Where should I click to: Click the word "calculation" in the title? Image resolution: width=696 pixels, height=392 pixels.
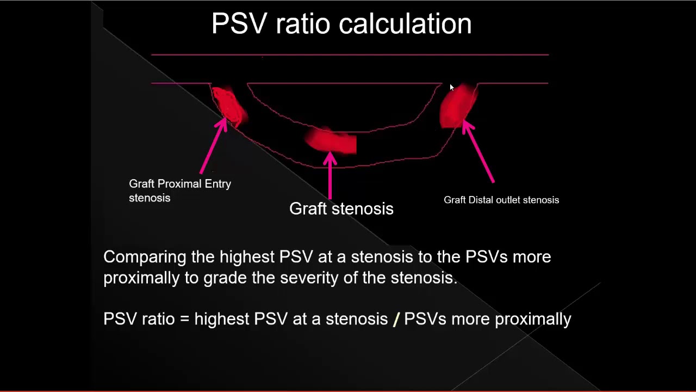click(x=405, y=24)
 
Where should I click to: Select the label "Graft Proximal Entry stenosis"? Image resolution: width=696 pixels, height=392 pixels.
click(x=179, y=191)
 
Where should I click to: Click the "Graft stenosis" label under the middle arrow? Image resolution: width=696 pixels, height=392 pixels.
click(x=341, y=209)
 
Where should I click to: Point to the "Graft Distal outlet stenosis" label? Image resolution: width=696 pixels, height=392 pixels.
click(x=501, y=200)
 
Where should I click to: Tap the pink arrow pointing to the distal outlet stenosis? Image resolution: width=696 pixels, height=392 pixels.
click(x=480, y=152)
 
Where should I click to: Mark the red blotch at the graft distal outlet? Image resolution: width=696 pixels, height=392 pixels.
click(x=458, y=107)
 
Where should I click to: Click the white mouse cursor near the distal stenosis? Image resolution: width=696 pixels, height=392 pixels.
click(x=451, y=88)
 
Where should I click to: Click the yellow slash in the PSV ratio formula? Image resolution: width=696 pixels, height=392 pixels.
click(x=396, y=319)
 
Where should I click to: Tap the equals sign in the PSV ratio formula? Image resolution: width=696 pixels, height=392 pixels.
click(x=184, y=319)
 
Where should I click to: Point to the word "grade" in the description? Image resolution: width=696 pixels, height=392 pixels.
click(x=225, y=278)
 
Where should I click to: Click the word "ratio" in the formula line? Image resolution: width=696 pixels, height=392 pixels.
click(x=158, y=319)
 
